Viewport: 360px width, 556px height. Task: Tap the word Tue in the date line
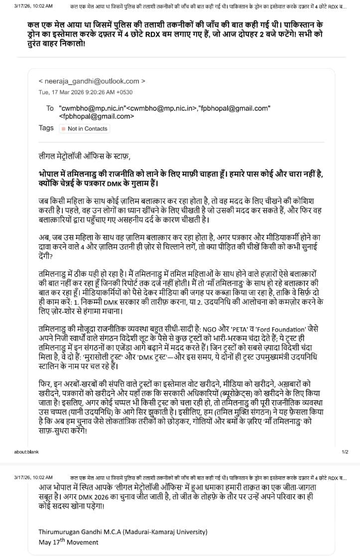click(x=44, y=92)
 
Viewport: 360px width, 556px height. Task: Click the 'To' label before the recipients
click(x=50, y=108)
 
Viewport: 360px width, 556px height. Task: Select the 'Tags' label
click(x=46, y=128)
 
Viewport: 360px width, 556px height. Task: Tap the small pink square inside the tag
click(x=63, y=129)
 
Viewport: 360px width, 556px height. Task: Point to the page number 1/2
click(x=345, y=451)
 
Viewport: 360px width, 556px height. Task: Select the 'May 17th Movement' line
click(x=69, y=542)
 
